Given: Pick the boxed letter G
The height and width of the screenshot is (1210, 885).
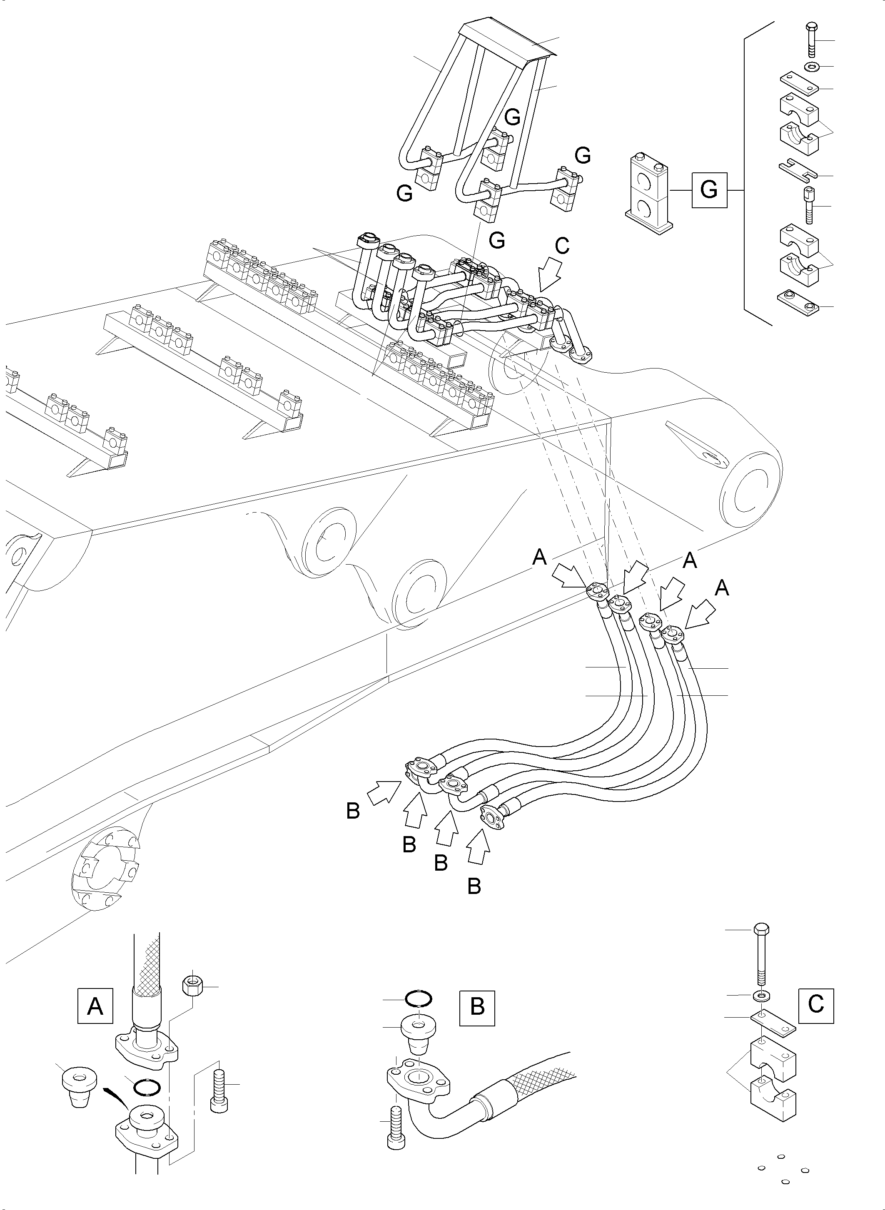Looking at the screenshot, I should (x=709, y=189).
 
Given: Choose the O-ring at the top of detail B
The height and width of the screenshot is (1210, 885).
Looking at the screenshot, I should (x=419, y=998).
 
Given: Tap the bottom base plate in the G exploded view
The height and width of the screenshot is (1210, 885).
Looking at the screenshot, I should (x=797, y=303).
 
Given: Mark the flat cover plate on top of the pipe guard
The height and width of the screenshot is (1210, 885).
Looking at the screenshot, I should (x=509, y=40).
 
